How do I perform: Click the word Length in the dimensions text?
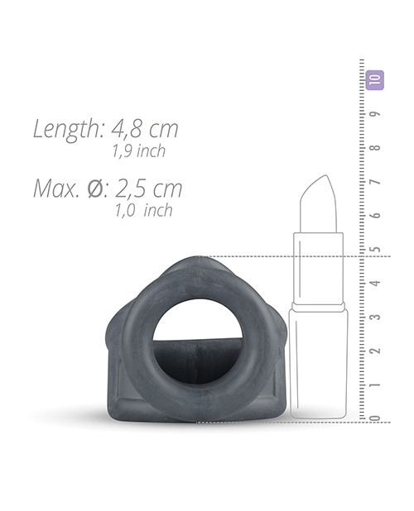[68, 129]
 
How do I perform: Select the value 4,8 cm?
[145, 129]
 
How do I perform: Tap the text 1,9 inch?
[139, 150]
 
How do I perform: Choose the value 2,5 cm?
[148, 189]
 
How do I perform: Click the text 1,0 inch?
[143, 210]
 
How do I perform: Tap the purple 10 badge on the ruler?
[374, 80]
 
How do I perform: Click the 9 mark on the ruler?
[376, 114]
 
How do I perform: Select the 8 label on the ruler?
[376, 148]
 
